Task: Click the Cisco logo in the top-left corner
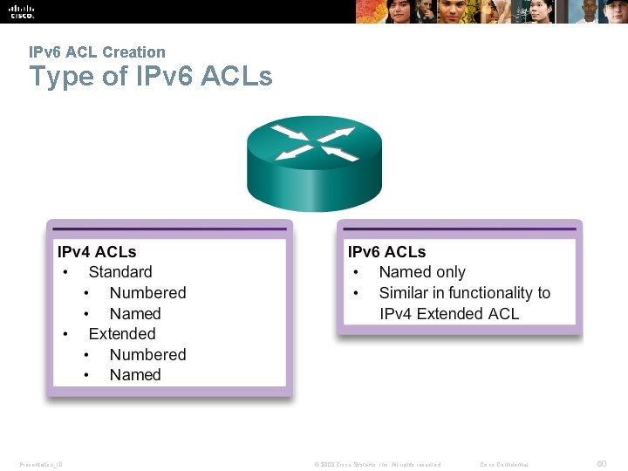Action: coord(22,11)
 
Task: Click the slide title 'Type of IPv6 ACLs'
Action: coord(150,77)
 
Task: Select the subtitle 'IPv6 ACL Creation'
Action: coord(97,52)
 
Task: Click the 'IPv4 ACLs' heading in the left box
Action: coord(97,252)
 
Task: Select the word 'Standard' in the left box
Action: coord(120,272)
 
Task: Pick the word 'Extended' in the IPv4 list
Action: coord(122,334)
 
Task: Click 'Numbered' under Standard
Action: coord(147,293)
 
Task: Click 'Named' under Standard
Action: coord(135,314)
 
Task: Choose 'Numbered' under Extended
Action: coord(147,355)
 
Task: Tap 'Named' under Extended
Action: coord(135,375)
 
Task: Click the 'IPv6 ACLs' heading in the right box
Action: coord(386,252)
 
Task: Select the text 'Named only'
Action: coord(422,272)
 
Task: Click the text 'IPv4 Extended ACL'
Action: coord(449,314)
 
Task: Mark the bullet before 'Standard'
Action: coord(65,273)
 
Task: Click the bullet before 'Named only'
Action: coord(356,273)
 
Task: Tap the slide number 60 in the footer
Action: coord(601,464)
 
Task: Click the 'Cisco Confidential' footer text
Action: coord(504,465)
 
